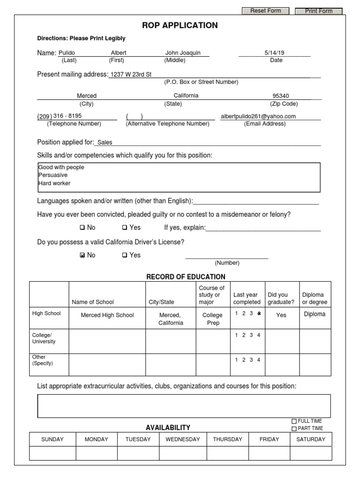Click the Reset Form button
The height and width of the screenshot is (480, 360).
click(265, 11)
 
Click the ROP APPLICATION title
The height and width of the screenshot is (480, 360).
click(180, 25)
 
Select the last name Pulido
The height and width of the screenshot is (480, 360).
click(67, 53)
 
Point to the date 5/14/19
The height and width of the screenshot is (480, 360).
click(274, 53)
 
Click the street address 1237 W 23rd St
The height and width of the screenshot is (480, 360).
click(131, 75)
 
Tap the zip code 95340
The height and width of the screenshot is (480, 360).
click(281, 96)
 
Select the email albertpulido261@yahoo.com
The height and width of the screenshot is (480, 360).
click(258, 116)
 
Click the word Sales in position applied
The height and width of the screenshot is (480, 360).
click(105, 142)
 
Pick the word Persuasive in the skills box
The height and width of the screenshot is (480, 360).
click(53, 175)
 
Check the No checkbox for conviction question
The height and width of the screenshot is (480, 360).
click(82, 228)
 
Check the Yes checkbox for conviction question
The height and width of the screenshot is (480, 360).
click(125, 228)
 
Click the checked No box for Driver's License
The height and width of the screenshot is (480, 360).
click(82, 255)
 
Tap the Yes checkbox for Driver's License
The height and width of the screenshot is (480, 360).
click(125, 255)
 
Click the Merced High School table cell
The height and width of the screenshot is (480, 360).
click(107, 315)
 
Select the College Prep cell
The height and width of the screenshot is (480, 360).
click(213, 319)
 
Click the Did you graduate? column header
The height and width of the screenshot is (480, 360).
click(281, 298)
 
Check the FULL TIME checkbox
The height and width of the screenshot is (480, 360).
click(294, 421)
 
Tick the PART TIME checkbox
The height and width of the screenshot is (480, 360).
click(294, 428)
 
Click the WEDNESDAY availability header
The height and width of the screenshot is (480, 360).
click(183, 439)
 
